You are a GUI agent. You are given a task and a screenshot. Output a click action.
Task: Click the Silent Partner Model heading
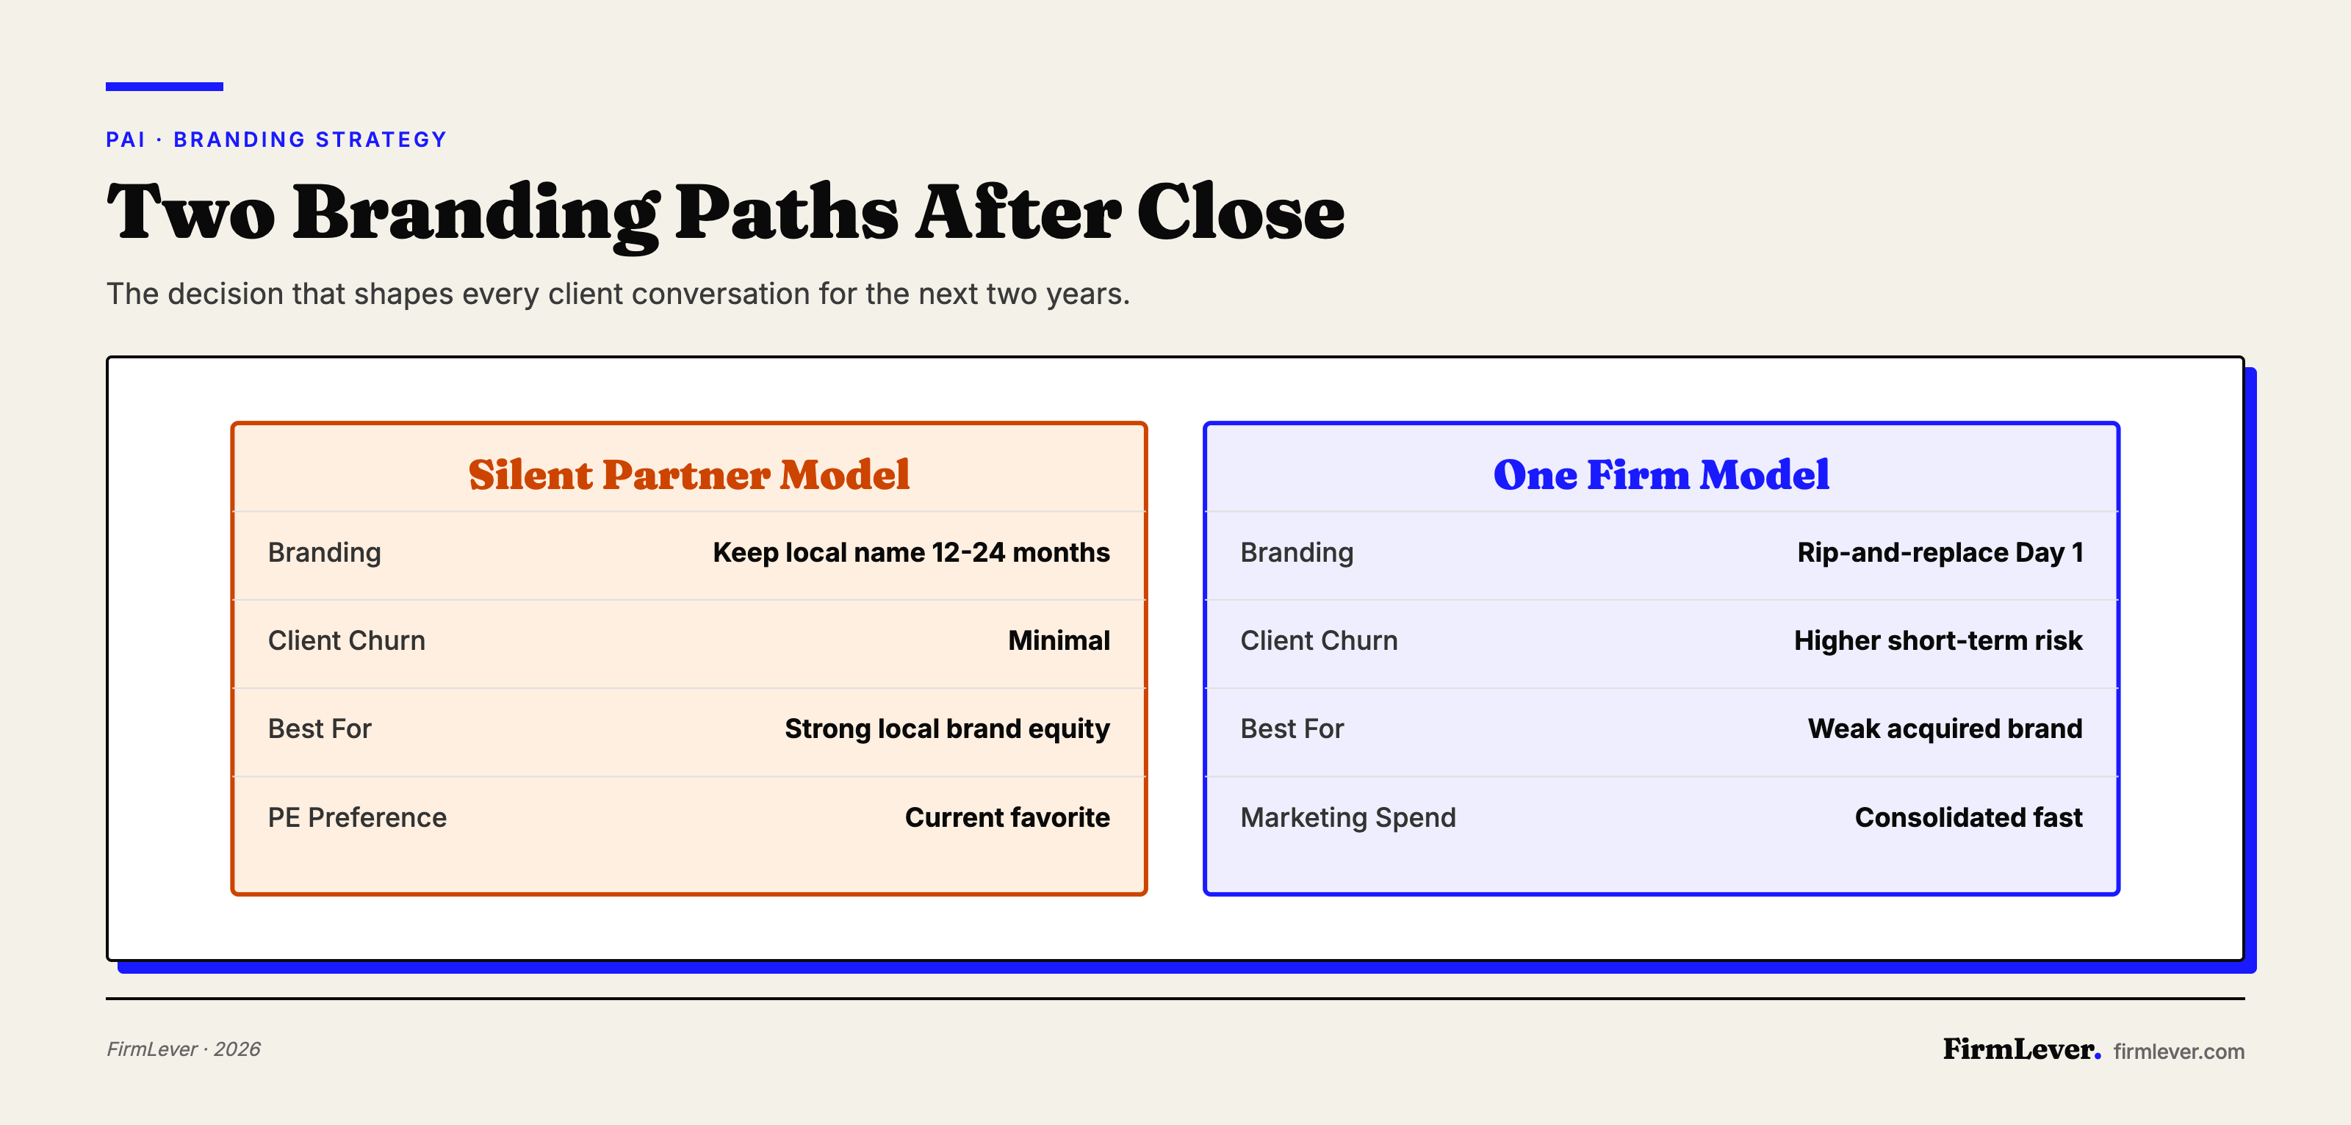pyautogui.click(x=689, y=474)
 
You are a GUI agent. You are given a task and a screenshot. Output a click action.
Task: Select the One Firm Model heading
pyautogui.click(x=1661, y=474)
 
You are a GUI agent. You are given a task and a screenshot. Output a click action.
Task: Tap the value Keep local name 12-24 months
pyautogui.click(x=911, y=553)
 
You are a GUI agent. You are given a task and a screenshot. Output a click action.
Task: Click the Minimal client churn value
pyautogui.click(x=1059, y=640)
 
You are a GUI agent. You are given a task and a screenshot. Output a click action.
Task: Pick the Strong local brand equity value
pyautogui.click(x=946, y=729)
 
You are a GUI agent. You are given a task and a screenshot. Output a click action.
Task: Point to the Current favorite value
pyautogui.click(x=1007, y=817)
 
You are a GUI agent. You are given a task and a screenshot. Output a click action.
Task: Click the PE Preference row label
pyautogui.click(x=357, y=817)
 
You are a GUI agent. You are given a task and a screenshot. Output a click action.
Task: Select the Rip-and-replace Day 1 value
pyautogui.click(x=1940, y=553)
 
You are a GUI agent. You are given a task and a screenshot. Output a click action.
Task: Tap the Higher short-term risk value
pyautogui.click(x=1937, y=640)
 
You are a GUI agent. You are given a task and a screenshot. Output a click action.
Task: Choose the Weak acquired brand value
pyautogui.click(x=1945, y=729)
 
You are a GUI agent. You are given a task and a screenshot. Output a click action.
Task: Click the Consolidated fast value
pyautogui.click(x=1969, y=817)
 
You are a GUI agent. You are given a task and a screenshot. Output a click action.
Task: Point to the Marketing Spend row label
pyautogui.click(x=1347, y=817)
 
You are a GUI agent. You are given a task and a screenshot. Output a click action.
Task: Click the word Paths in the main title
pyautogui.click(x=787, y=214)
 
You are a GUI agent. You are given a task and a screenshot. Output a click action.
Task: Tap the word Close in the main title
pyautogui.click(x=1240, y=214)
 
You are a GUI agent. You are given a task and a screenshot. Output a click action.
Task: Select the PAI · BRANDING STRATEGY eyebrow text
pyautogui.click(x=276, y=140)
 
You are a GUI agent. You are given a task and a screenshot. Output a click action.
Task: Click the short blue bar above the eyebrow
pyautogui.click(x=165, y=87)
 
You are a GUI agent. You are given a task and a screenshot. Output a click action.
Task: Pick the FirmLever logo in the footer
pyautogui.click(x=2020, y=1049)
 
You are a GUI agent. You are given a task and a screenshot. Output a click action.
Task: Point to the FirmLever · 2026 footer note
pyautogui.click(x=184, y=1049)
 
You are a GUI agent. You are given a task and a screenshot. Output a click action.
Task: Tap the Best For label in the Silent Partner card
pyautogui.click(x=320, y=729)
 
